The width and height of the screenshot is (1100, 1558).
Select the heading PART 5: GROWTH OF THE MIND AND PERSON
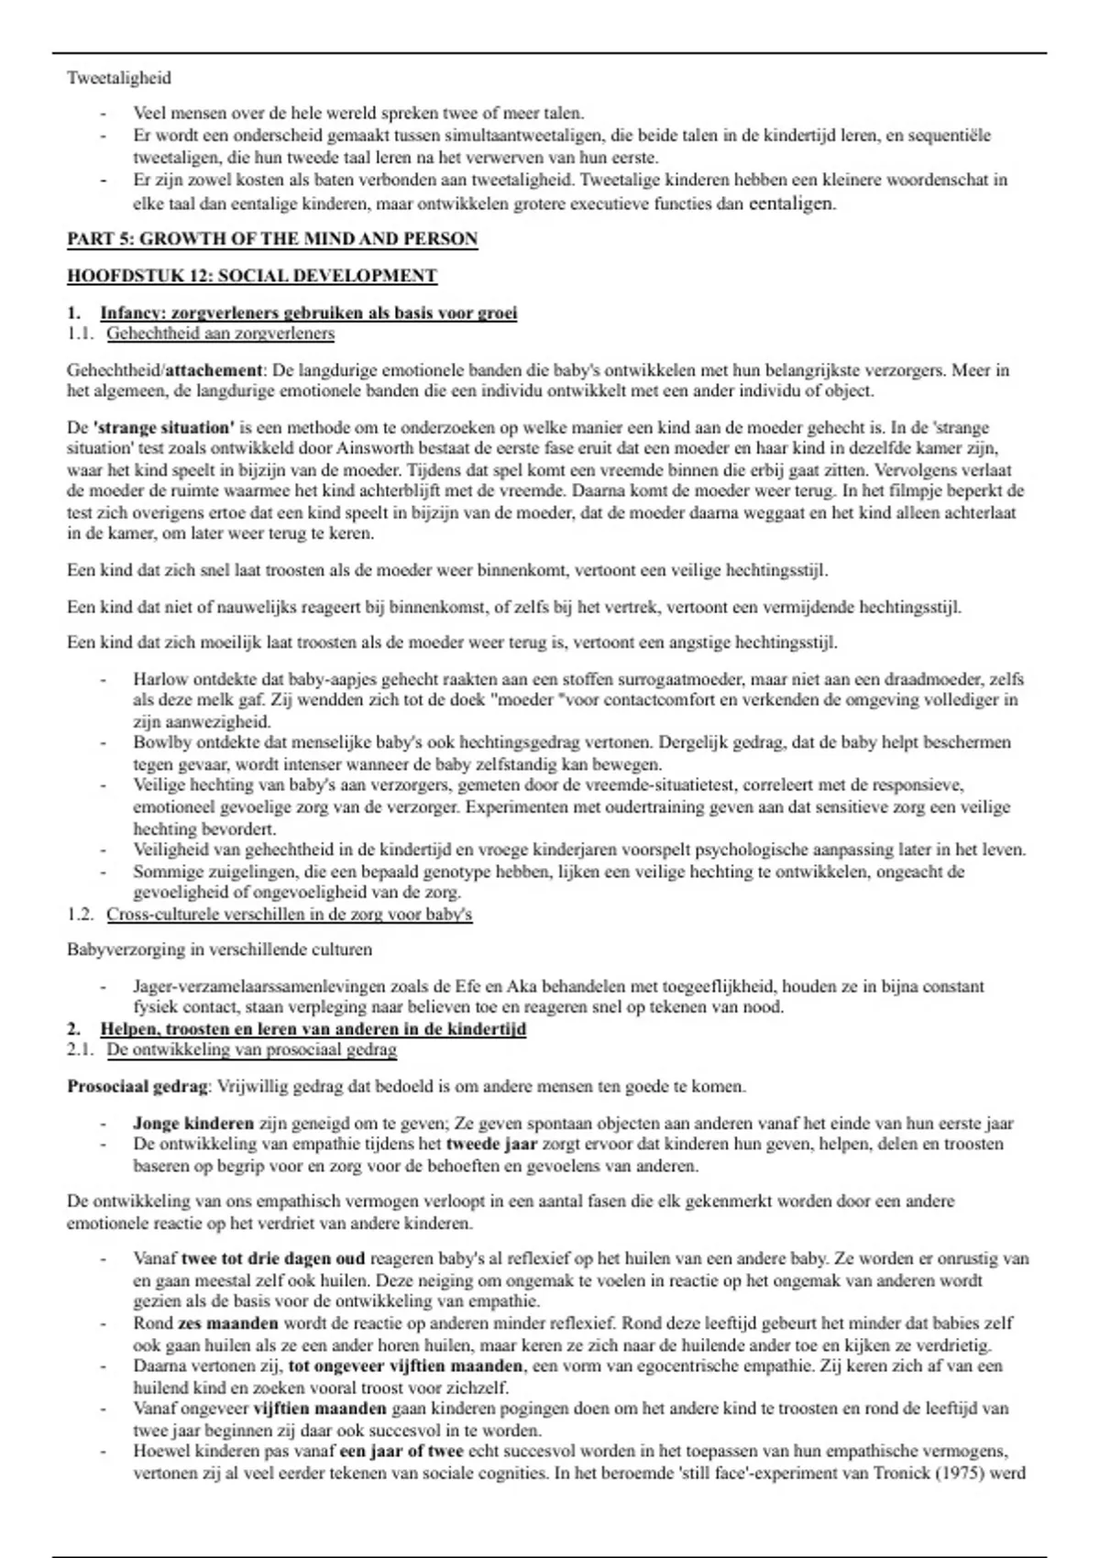(x=272, y=240)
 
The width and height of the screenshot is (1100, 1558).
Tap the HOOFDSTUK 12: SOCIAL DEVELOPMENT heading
(x=252, y=276)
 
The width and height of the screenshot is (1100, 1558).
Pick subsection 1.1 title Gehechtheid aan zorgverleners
(x=220, y=334)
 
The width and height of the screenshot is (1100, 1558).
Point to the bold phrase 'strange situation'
(x=163, y=428)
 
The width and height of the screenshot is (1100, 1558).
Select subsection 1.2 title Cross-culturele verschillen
(x=289, y=915)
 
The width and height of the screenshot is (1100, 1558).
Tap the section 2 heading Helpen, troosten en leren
(x=313, y=1029)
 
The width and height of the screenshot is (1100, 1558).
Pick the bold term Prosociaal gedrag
(x=137, y=1087)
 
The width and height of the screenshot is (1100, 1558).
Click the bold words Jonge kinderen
(x=192, y=1124)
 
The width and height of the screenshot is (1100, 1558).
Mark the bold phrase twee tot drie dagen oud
(x=273, y=1258)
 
